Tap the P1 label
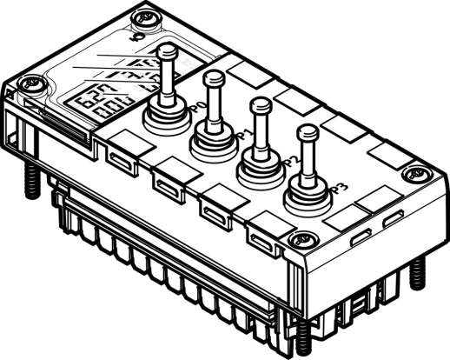pyautogui.click(x=242, y=134)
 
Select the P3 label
pyautogui.click(x=341, y=186)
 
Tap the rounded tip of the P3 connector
pyautogui.click(x=308, y=133)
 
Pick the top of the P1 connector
pyautogui.click(x=212, y=79)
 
